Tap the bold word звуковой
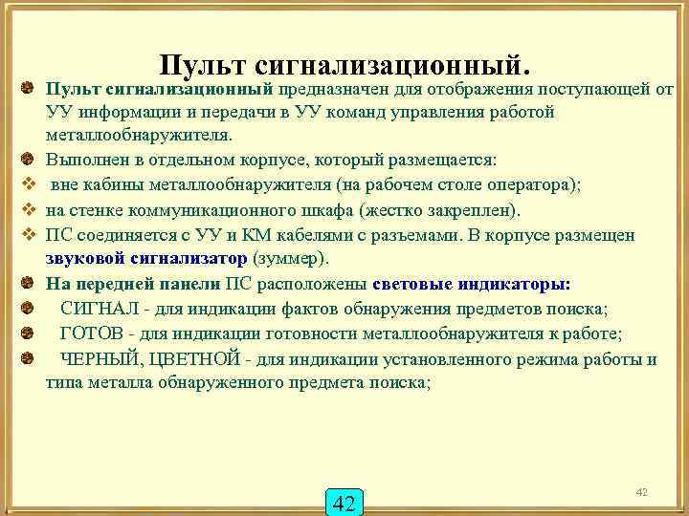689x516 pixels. (86, 259)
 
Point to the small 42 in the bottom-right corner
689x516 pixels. (642, 491)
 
